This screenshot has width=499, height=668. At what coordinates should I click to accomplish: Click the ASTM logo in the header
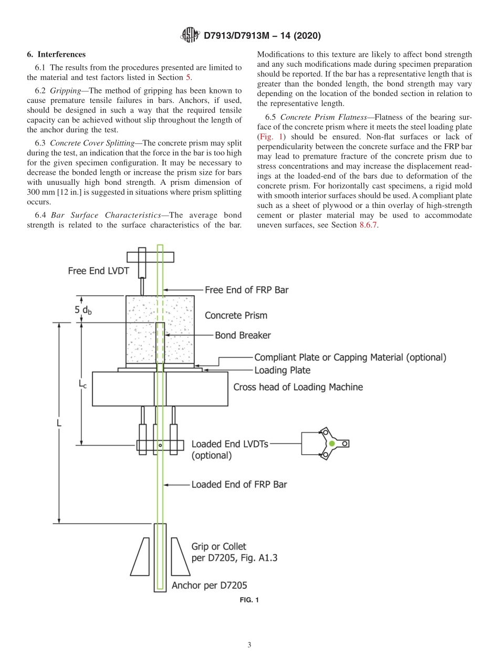[x=190, y=35]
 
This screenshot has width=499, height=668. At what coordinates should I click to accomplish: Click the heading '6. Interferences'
[x=56, y=54]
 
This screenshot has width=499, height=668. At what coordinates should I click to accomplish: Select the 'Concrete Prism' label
[x=236, y=316]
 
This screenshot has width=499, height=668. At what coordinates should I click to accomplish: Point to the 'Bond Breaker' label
[x=243, y=335]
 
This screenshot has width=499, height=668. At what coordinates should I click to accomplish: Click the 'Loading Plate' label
[x=282, y=370]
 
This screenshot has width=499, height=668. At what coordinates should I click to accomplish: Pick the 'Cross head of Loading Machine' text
[x=298, y=387]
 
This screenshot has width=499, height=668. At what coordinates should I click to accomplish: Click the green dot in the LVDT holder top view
[x=331, y=444]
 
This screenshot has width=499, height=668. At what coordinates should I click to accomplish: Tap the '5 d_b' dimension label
[x=83, y=310]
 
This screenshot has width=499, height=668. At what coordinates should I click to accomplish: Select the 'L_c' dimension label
[x=83, y=384]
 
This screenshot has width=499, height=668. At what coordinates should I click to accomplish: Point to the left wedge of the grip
[x=140, y=556]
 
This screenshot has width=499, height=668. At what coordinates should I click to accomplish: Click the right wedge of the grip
[x=180, y=556]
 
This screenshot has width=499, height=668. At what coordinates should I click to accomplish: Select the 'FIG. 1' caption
[x=249, y=600]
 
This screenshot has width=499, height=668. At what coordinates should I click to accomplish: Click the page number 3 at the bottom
[x=249, y=645]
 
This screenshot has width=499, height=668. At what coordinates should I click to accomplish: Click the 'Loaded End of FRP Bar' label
[x=239, y=484]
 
